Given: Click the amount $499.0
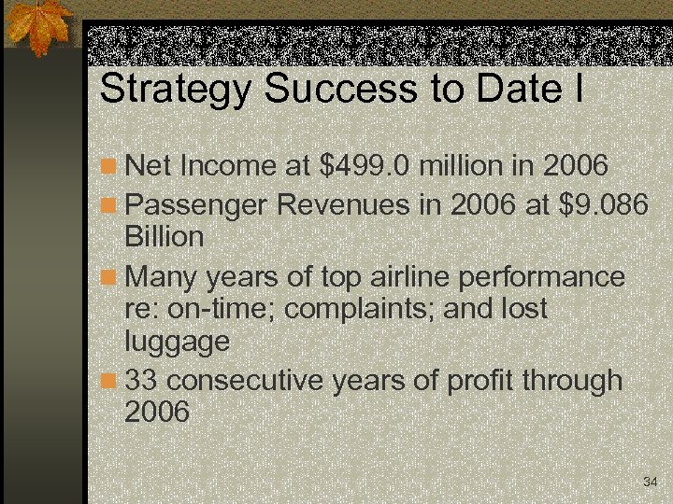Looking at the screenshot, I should tap(365, 166).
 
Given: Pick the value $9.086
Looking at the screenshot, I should tap(600, 203).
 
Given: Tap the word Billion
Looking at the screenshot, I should tap(164, 237).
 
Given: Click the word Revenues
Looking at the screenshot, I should tap(337, 203).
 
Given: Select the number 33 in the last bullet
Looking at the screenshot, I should tap(141, 380).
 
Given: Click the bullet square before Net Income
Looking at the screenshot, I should tap(109, 168).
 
